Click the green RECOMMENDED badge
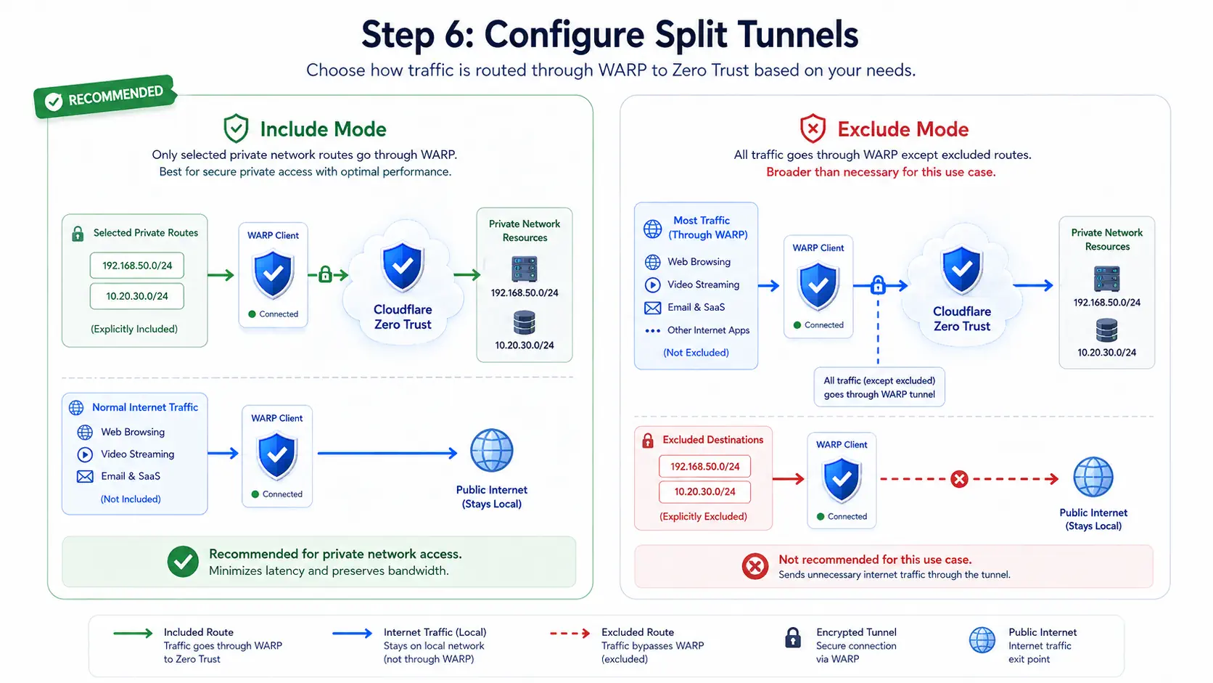[x=104, y=97]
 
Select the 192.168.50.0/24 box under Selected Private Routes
[x=137, y=266]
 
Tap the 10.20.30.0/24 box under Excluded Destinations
[x=704, y=492]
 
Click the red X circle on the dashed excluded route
[x=959, y=479]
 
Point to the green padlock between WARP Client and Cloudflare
[x=325, y=274]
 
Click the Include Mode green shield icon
[x=236, y=128]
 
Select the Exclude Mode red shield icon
[x=813, y=128]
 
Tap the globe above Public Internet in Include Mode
[x=491, y=451]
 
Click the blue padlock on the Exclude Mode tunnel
[x=878, y=285]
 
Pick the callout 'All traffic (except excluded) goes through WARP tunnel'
[x=879, y=388]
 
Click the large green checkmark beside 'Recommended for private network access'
[x=183, y=562]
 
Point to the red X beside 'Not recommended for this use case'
[x=755, y=567]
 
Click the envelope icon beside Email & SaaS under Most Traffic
[x=652, y=308]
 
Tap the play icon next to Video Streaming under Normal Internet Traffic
[x=85, y=454]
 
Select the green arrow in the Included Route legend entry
[x=133, y=633]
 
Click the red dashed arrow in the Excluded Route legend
[x=570, y=633]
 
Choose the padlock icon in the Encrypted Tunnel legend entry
[x=793, y=637]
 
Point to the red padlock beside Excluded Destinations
[x=648, y=441]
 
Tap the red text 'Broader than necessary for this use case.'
[x=881, y=172]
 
